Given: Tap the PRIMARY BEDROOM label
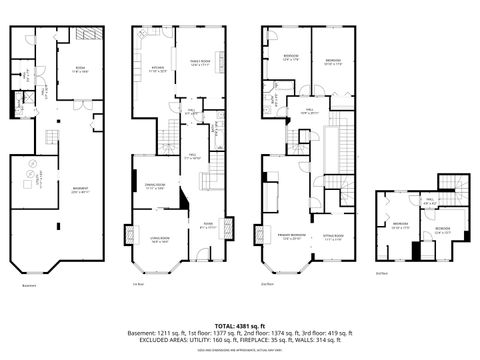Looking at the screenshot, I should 290,238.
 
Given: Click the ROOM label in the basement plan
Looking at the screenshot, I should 79,69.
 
